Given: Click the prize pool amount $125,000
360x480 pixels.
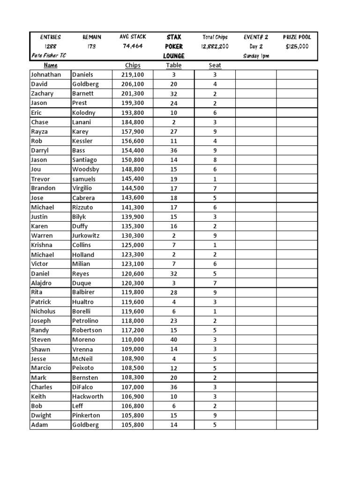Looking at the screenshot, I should click(x=297, y=46).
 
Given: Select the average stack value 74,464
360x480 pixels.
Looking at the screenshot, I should click(x=133, y=46).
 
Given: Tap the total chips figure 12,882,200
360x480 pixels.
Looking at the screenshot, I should click(x=215, y=46).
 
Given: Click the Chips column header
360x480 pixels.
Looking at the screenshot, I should click(x=133, y=66).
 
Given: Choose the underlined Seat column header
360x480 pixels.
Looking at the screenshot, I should click(x=215, y=66).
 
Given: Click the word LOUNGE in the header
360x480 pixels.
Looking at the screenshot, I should click(x=174, y=56).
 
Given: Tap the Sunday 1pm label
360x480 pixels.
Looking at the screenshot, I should click(x=256, y=56).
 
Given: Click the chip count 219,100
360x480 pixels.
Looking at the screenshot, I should click(x=133, y=75).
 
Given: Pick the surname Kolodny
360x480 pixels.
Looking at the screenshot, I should click(x=84, y=112).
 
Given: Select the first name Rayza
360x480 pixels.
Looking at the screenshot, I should click(x=40, y=131).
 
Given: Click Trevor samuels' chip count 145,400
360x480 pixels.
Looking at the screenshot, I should click(x=133, y=179).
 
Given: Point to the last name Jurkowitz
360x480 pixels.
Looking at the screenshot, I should click(x=86, y=235).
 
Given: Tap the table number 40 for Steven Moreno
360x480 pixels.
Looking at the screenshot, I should click(x=174, y=339).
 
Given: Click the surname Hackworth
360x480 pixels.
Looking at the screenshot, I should click(x=88, y=396).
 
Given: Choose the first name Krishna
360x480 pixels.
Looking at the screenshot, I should click(x=42, y=245).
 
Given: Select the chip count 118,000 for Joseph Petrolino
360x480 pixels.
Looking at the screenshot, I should click(x=133, y=321).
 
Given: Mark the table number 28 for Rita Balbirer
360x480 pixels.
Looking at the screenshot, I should click(x=174, y=292).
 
